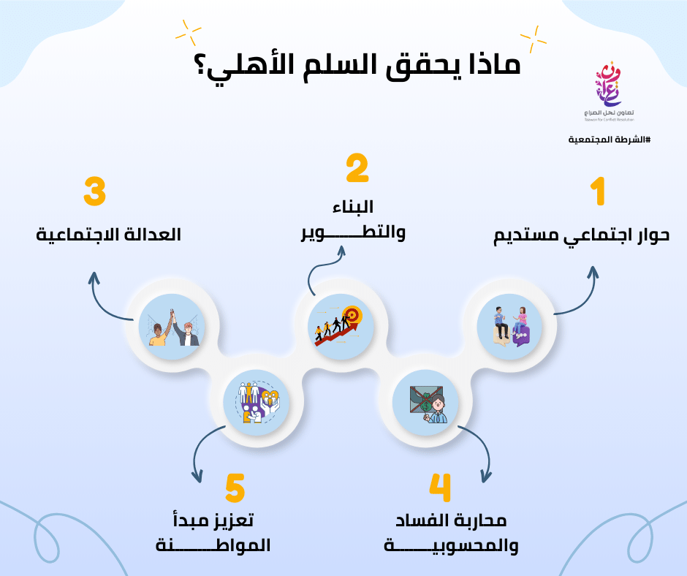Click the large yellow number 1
point(598,191)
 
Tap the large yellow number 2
point(357,167)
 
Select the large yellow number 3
point(94,192)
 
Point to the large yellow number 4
point(439,488)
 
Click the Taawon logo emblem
point(609,84)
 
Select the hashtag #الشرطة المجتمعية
point(610,140)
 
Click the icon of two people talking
point(510,327)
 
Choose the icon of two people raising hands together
point(172,327)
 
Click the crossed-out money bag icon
point(425,403)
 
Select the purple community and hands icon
point(257,403)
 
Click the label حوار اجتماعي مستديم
point(582,236)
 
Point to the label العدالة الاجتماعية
point(108,235)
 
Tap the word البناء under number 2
point(353,207)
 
